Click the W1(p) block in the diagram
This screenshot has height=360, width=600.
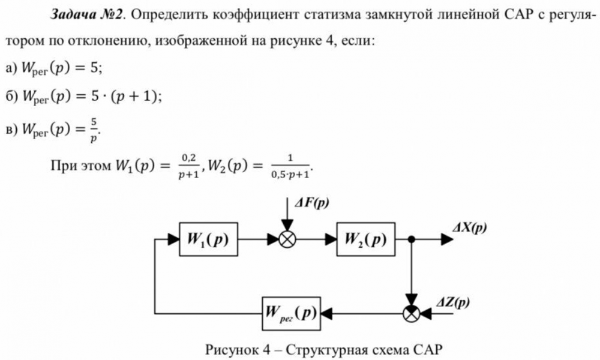208,239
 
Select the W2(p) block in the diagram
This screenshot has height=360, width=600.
365,239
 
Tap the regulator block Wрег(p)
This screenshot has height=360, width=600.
290,313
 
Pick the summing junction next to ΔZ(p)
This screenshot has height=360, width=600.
412,313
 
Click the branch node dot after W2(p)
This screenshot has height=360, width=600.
412,239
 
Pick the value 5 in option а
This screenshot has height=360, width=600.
94,68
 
